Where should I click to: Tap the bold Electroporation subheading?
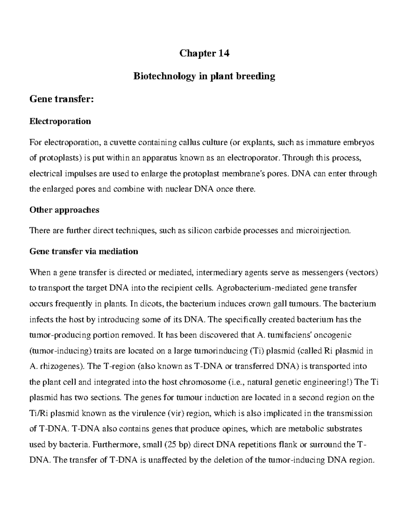point(60,121)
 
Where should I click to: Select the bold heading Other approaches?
point(64,210)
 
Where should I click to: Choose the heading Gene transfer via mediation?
point(83,251)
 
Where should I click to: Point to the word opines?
point(235,429)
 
